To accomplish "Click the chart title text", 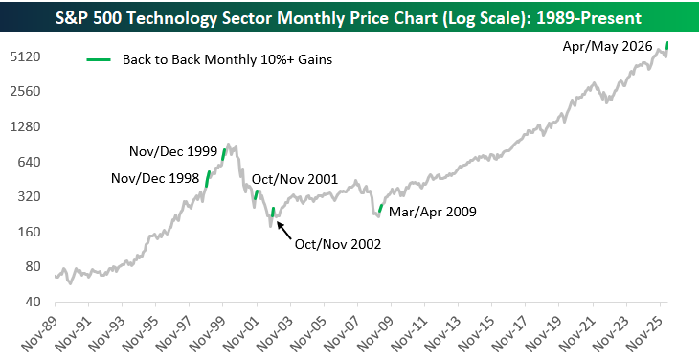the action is coord(349,18).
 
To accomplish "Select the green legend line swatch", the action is coord(99,59).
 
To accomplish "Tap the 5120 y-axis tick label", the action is coord(25,57).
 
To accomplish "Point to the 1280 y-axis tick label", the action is coord(25,127).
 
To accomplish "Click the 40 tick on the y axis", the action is coord(33,302).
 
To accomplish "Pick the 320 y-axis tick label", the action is coord(29,197).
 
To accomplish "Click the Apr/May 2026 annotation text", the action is coord(607,46).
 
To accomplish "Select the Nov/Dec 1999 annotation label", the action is coord(173,151).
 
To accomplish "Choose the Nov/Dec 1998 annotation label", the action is coord(155,179).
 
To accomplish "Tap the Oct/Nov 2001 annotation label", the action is coord(295,180).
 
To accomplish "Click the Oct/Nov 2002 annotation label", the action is coord(338,244).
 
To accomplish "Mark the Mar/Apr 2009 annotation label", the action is coord(433,212).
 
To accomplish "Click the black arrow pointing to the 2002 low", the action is coord(284,230).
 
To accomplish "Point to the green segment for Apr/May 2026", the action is coord(667,45).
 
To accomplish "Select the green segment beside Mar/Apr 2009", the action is coord(380,208).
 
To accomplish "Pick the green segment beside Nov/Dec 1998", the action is coord(207,179).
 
